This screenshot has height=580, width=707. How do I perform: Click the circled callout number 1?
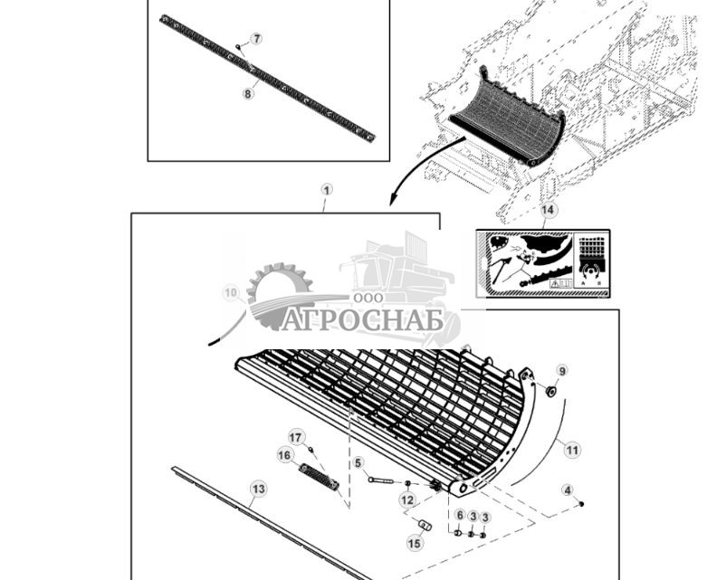[x=327, y=190]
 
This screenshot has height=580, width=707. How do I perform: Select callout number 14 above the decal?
[x=547, y=211]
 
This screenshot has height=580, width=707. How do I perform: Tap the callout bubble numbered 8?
[x=248, y=92]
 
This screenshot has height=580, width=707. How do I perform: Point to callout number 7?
[x=256, y=39]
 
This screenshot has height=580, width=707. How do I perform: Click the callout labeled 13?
[x=258, y=490]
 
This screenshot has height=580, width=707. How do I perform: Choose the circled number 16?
[x=285, y=455]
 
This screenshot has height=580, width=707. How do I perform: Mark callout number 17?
[x=295, y=437]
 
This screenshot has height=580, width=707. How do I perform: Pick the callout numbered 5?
[x=358, y=462]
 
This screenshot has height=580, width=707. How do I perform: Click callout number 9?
[x=561, y=371]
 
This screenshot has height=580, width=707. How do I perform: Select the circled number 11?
[x=571, y=449]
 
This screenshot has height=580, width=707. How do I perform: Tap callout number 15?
[x=415, y=543]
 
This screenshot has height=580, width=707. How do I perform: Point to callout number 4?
[x=568, y=490]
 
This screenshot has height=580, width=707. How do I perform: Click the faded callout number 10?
[x=230, y=292]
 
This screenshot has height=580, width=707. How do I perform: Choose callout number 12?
[x=407, y=499]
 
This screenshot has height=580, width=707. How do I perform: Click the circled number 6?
[x=459, y=515]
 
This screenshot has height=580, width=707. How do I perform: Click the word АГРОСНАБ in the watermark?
[x=362, y=320]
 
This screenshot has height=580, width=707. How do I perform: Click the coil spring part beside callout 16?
[x=319, y=477]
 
